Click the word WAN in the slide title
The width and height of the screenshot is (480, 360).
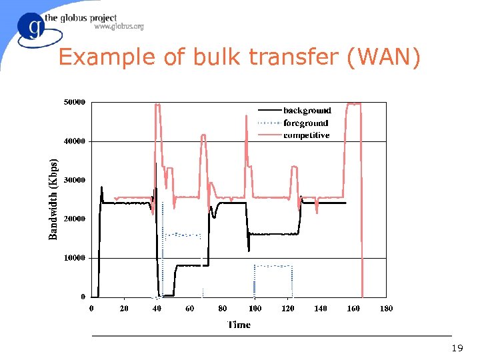click(385, 58)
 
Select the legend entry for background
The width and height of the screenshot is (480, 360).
click(307, 111)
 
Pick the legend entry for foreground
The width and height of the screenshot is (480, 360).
click(306, 123)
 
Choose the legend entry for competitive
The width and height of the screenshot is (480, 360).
click(307, 135)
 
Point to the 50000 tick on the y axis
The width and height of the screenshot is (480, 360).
click(74, 103)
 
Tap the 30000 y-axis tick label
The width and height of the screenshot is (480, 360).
click(74, 180)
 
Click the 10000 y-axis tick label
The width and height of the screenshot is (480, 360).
click(74, 258)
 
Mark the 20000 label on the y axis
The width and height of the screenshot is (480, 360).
click(74, 219)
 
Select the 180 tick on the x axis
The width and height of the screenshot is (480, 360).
click(386, 308)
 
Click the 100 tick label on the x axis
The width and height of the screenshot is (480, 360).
click(255, 308)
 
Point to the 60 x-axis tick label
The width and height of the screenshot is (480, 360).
click(190, 308)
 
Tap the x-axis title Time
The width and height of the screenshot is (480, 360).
click(239, 325)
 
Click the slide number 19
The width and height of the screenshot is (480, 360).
click(457, 348)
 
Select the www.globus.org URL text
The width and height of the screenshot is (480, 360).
click(119, 27)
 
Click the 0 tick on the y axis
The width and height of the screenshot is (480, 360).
click(83, 297)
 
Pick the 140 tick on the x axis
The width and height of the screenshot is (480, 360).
click(321, 308)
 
